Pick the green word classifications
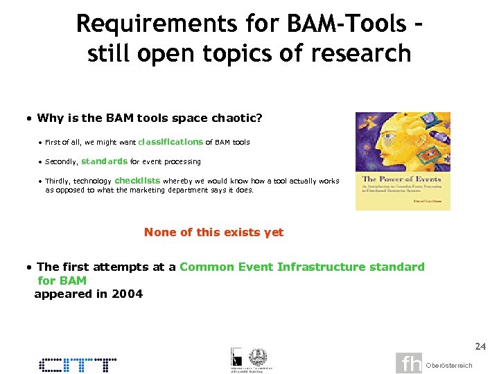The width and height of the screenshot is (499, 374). click(x=170, y=142)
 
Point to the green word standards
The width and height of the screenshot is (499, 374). click(x=105, y=161)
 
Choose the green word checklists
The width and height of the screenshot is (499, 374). click(x=137, y=181)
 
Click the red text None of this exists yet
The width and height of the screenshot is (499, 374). click(x=213, y=233)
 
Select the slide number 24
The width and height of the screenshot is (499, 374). click(x=480, y=346)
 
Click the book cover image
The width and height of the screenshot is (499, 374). click(x=403, y=161)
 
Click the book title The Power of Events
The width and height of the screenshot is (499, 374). click(x=392, y=179)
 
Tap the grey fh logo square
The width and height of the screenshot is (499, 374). click(x=409, y=363)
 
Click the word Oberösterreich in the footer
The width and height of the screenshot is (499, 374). click(x=449, y=365)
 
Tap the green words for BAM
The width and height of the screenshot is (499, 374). click(x=62, y=280)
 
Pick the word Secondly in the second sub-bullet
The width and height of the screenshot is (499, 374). click(x=61, y=162)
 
